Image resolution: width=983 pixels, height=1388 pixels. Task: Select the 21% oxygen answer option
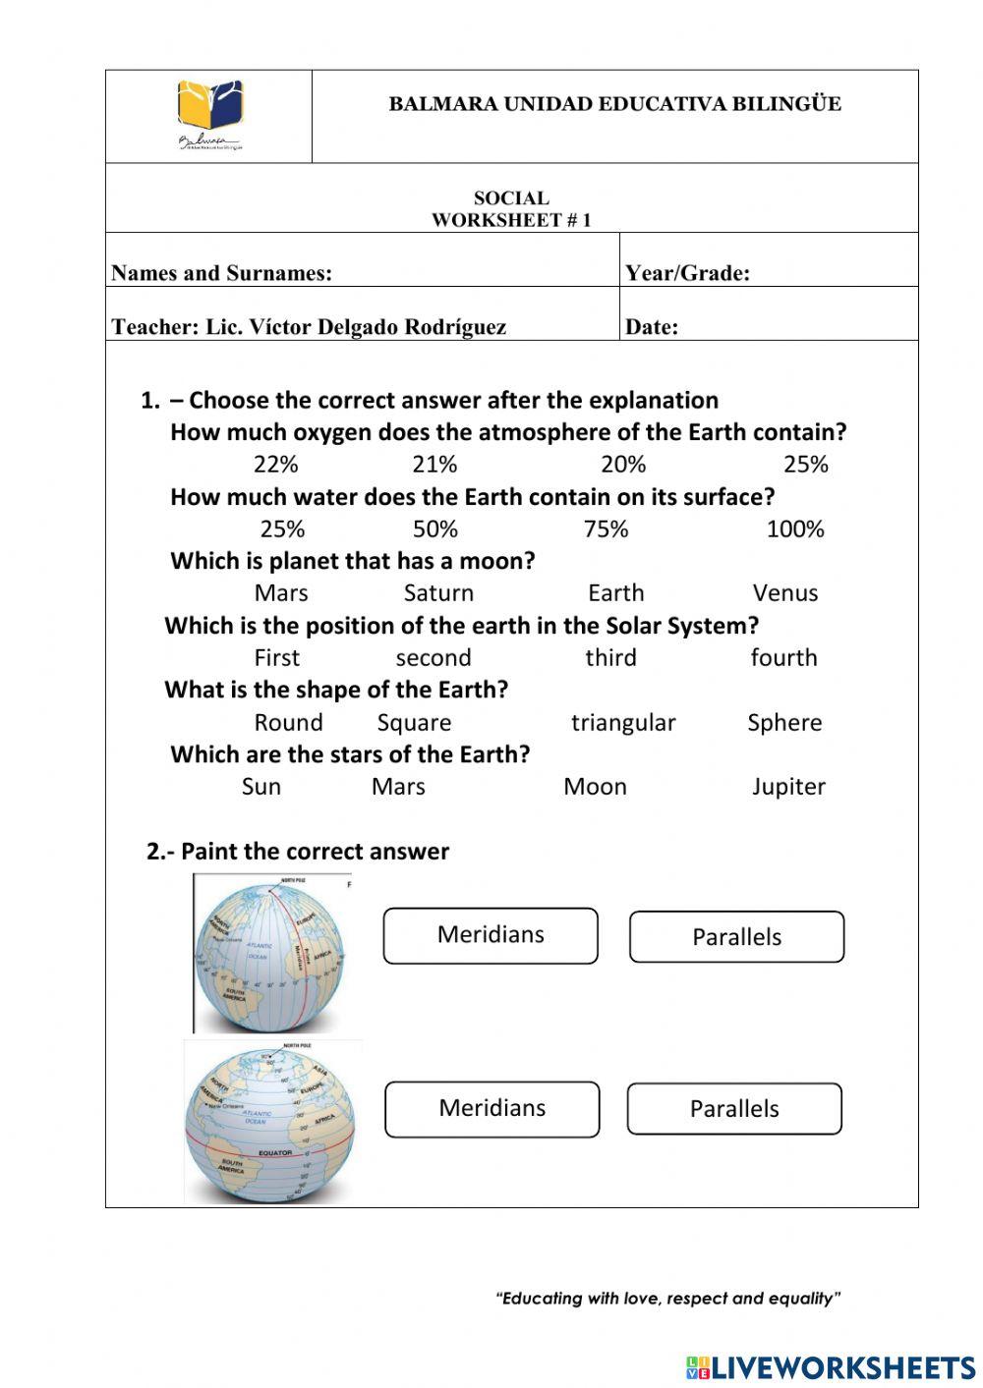(x=434, y=465)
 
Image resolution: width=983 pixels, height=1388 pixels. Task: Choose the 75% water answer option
(x=606, y=529)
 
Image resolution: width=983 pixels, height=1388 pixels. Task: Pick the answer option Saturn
(x=438, y=593)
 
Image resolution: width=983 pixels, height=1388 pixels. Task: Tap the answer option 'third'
(x=610, y=658)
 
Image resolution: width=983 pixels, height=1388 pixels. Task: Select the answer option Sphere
(x=783, y=723)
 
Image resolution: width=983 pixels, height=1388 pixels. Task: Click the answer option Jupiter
(x=788, y=787)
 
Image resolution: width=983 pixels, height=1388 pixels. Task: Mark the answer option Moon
(x=595, y=787)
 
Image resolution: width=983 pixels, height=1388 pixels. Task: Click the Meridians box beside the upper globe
(x=491, y=935)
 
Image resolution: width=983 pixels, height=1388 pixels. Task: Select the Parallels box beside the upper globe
(x=736, y=937)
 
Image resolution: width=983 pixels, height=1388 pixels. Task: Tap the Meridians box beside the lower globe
(x=491, y=1109)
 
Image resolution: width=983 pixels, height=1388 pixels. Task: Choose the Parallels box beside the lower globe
(x=734, y=1109)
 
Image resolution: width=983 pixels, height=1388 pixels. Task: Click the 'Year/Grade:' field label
(x=687, y=273)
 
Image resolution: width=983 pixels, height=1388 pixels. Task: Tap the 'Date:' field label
(x=651, y=327)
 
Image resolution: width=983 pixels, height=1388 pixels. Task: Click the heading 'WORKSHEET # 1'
(x=511, y=220)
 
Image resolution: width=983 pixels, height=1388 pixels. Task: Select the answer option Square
(x=414, y=723)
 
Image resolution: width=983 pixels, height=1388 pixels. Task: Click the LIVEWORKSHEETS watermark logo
(x=831, y=1367)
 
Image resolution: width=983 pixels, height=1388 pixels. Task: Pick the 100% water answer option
(x=794, y=529)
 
